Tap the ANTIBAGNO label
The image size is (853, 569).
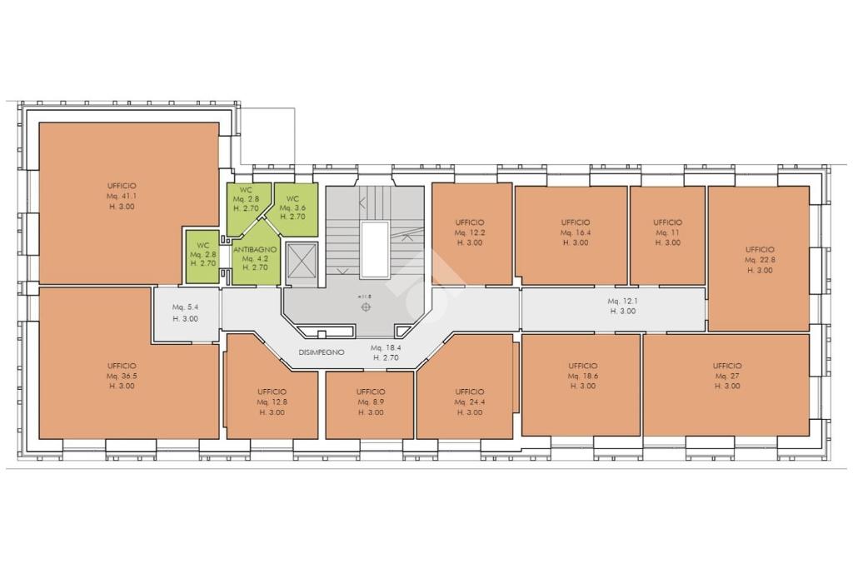click(x=255, y=250)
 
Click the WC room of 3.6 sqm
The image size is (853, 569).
click(x=296, y=209)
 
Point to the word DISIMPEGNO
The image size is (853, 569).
click(x=322, y=352)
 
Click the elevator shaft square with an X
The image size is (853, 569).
click(x=302, y=261)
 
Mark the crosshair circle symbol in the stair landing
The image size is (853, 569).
click(x=366, y=307)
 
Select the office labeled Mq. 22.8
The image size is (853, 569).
click(x=759, y=258)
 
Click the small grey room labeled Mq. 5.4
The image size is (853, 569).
click(x=186, y=314)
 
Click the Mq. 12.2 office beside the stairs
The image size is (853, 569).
click(x=471, y=233)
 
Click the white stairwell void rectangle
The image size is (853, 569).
click(x=375, y=250)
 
